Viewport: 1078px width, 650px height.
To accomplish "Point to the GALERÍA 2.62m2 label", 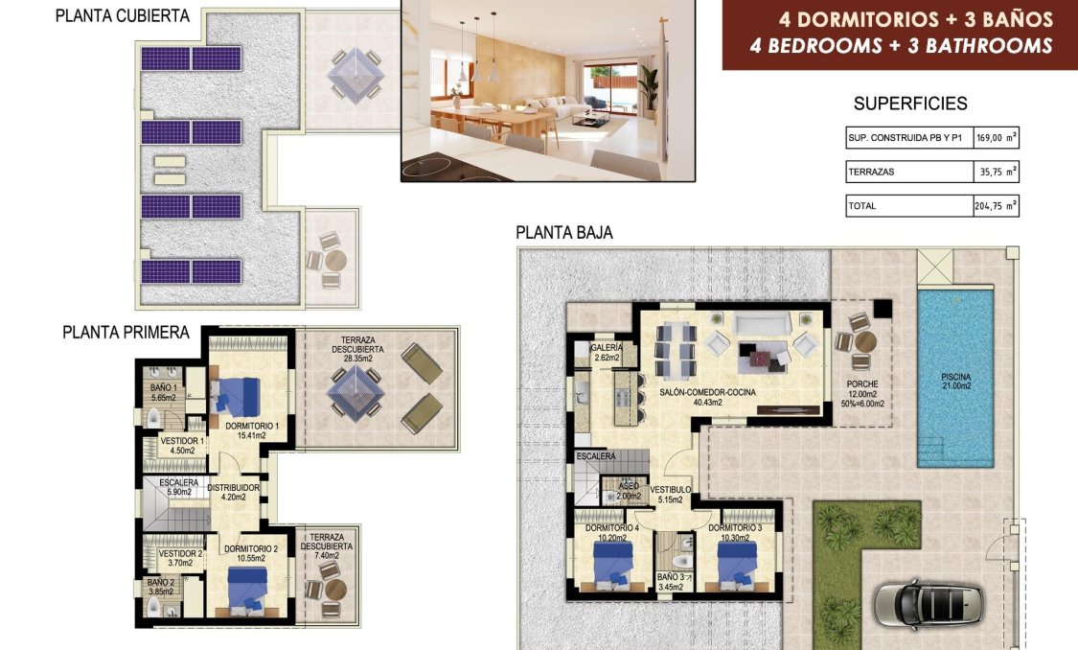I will pyautogui.click(x=607, y=353).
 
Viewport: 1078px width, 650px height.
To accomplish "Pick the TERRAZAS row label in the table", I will pyautogui.click(x=870, y=173).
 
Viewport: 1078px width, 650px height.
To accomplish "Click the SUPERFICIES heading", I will pyautogui.click(x=909, y=104).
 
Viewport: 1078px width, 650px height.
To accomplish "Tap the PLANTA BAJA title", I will pyautogui.click(x=563, y=233).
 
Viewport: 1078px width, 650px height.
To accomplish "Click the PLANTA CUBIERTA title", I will pyautogui.click(x=122, y=16).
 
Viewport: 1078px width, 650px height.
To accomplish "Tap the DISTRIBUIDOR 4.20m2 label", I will pyautogui.click(x=234, y=492).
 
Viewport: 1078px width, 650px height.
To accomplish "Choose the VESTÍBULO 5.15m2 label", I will pyautogui.click(x=670, y=494).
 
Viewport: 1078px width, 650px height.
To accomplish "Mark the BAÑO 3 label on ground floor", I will pyautogui.click(x=670, y=582).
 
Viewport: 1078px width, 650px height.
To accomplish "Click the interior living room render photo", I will pyautogui.click(x=547, y=89).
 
